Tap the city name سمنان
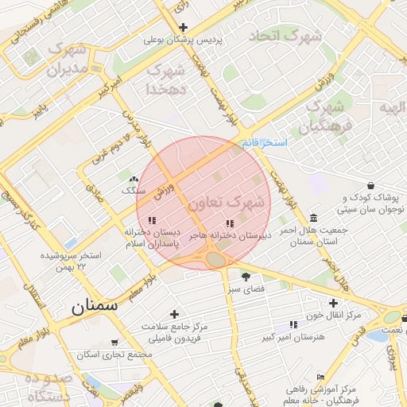94,305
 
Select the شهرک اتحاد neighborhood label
285,37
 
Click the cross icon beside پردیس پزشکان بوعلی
183,27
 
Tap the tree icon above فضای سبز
246,278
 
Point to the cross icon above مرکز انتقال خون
333,303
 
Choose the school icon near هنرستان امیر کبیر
293,324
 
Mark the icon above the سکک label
133,180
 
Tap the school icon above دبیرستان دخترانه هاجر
231,223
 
